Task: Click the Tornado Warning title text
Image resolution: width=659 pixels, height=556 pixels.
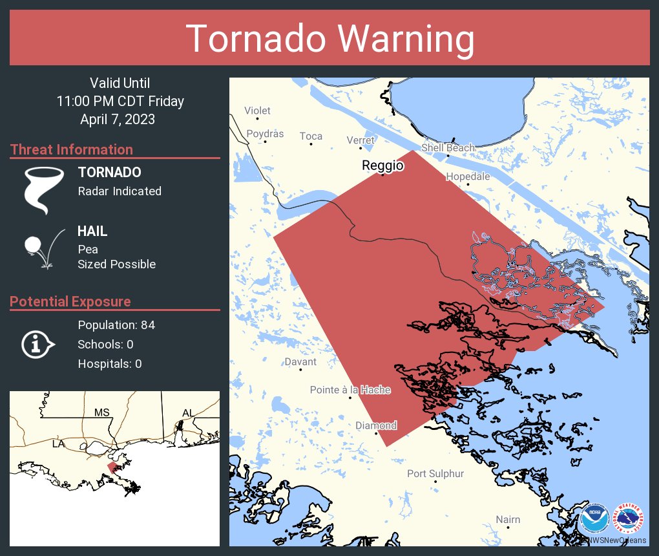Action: tap(329, 39)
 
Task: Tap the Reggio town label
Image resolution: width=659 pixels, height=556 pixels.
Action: tap(382, 166)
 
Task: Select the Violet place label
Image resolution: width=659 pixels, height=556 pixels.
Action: tap(257, 111)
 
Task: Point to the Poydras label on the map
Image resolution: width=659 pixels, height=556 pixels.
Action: tap(265, 134)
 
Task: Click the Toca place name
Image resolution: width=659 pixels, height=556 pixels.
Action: tap(311, 136)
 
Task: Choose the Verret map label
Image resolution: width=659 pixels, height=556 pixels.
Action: tap(361, 140)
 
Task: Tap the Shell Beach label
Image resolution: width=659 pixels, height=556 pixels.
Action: tap(448, 147)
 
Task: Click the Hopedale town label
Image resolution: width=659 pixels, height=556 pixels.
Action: tap(468, 176)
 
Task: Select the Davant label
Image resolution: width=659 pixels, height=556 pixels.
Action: tap(301, 361)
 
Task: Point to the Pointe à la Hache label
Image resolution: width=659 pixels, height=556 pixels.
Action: tap(350, 390)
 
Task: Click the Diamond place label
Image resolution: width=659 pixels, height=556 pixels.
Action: tap(376, 425)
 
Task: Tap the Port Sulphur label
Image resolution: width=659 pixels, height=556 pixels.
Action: tap(435, 474)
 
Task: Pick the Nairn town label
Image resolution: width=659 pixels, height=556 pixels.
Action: tap(508, 520)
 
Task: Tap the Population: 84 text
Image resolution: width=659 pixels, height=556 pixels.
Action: tap(116, 325)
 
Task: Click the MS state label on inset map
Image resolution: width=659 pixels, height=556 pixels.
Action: tap(101, 412)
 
